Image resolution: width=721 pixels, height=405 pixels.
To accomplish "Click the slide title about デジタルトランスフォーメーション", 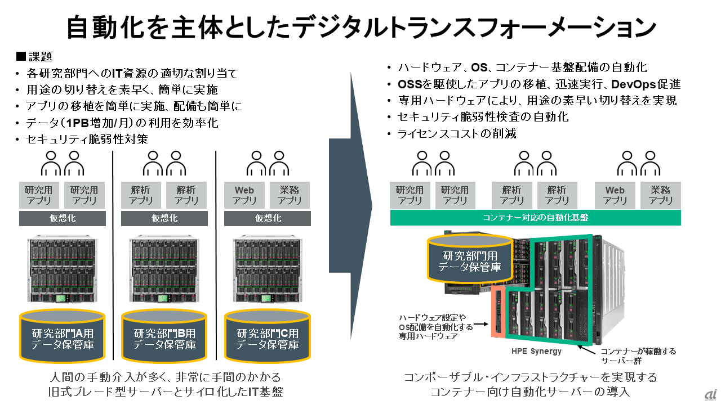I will click(x=360, y=26).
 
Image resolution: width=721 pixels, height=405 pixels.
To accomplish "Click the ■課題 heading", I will click(x=35, y=56).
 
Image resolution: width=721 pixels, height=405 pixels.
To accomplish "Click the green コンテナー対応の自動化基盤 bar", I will click(x=535, y=218).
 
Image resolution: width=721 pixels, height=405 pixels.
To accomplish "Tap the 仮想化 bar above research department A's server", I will click(x=63, y=218).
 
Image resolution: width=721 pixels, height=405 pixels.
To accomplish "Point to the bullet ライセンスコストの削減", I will click(x=456, y=134).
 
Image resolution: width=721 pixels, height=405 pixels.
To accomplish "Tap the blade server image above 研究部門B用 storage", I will click(x=164, y=269).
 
